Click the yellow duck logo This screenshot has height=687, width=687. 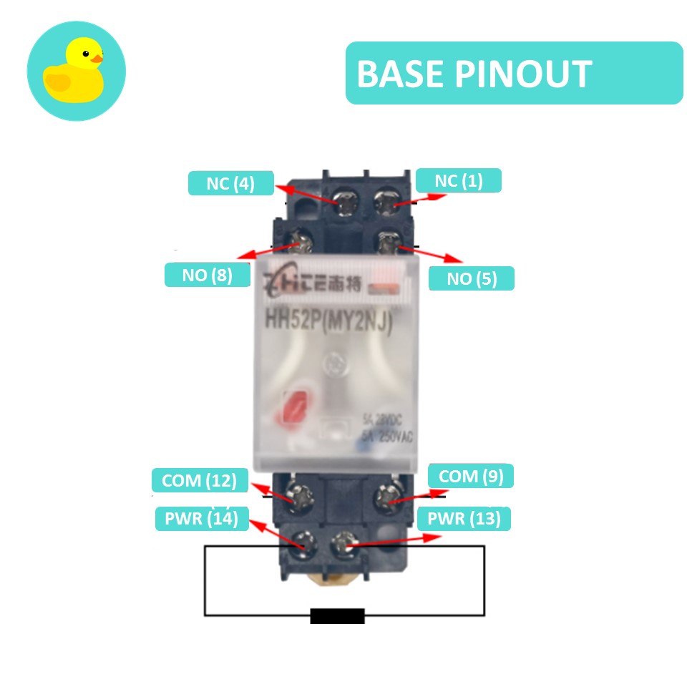(76, 71)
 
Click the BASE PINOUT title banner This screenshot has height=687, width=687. (514, 73)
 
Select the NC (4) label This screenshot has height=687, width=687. (230, 183)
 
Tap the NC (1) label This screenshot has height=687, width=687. (459, 181)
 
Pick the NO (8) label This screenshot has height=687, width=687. (207, 276)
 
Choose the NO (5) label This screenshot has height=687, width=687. (471, 278)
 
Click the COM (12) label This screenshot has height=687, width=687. (200, 480)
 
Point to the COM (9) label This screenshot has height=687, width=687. (471, 476)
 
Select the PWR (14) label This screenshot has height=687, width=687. (201, 518)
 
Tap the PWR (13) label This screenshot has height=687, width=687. (468, 519)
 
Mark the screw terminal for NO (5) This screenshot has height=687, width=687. (389, 244)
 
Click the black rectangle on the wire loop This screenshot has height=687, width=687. (337, 615)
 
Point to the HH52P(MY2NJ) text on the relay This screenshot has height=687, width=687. (330, 321)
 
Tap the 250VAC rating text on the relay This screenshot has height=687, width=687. (388, 436)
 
